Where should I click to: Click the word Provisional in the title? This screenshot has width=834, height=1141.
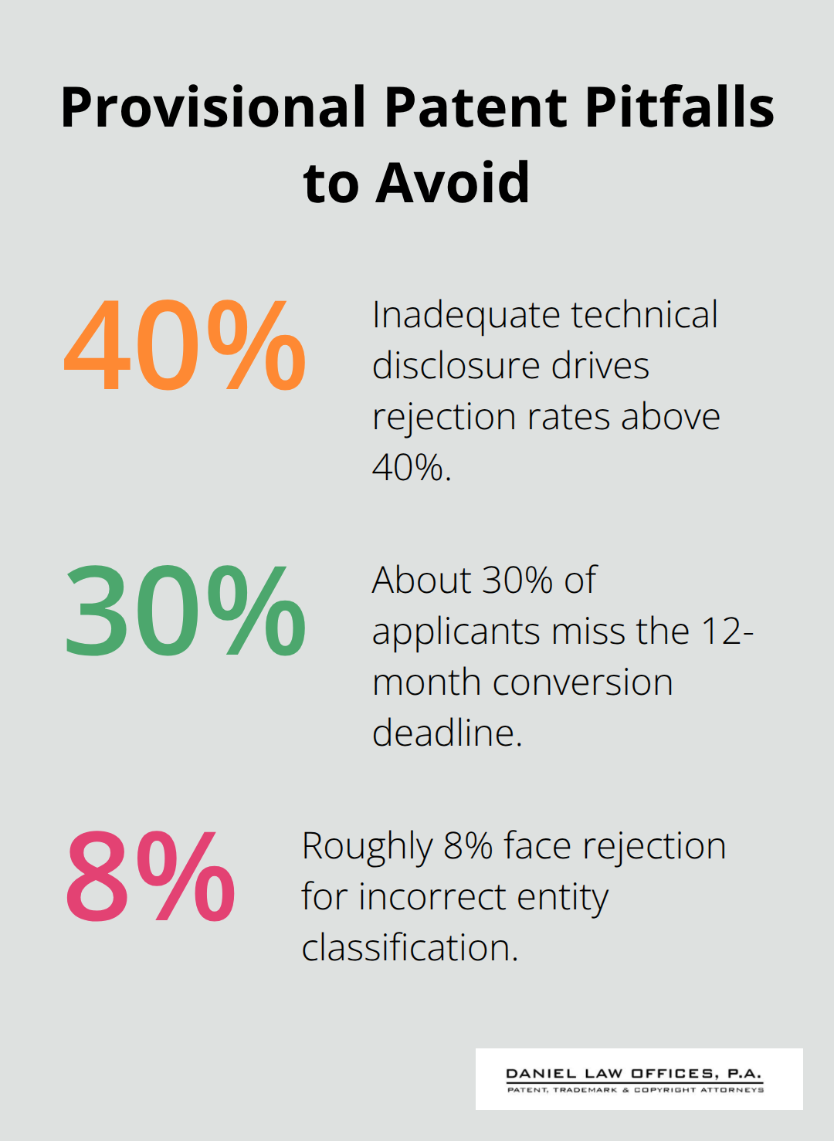click(213, 107)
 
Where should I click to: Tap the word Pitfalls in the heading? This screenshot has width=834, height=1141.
click(680, 107)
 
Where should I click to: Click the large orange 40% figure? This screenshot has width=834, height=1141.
click(185, 345)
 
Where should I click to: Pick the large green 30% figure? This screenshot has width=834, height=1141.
click(185, 611)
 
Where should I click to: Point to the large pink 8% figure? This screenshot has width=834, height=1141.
click(151, 877)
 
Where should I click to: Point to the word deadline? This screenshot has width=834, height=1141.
click(447, 733)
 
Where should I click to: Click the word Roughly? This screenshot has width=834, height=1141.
click(368, 846)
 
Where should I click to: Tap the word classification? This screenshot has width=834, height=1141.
click(409, 947)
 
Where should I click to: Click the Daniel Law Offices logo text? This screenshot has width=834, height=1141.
click(634, 1073)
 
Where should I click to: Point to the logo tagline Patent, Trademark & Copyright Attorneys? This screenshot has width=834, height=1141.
click(636, 1090)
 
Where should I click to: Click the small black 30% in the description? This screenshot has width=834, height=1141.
click(517, 581)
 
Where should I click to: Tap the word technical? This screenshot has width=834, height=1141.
click(644, 315)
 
